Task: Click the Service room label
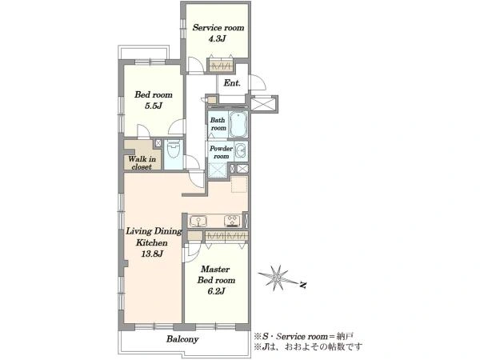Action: (218, 27)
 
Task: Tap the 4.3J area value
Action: (217, 39)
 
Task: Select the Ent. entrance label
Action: (232, 83)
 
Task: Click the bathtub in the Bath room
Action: (238, 125)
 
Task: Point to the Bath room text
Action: (218, 124)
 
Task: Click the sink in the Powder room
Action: (242, 151)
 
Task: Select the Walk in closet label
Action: (142, 163)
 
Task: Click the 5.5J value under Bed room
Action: (154, 106)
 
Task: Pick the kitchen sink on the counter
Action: (198, 221)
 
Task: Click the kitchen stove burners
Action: (233, 221)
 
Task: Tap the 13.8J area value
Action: (152, 254)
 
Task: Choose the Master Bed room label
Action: (217, 274)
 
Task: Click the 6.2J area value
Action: (217, 291)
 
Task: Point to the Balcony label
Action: (182, 339)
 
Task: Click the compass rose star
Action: (278, 278)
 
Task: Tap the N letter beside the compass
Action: (303, 286)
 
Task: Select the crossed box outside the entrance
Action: (264, 104)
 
